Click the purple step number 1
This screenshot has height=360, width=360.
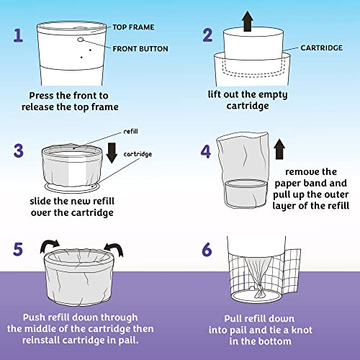pyautogui.click(x=18, y=35)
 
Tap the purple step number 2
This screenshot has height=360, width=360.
pyautogui.click(x=207, y=35)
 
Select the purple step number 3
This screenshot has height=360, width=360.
pyautogui.click(x=19, y=150)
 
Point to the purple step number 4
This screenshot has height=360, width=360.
pyautogui.click(x=206, y=151)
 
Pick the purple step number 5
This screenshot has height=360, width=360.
pyautogui.click(x=18, y=249)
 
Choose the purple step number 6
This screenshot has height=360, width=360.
pyautogui.click(x=207, y=250)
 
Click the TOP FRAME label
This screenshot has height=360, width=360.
pyautogui.click(x=133, y=27)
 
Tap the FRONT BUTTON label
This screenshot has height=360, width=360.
pyautogui.click(x=140, y=49)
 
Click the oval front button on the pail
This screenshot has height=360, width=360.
pyautogui.click(x=81, y=40)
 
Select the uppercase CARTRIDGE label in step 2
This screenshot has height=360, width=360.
pyautogui.click(x=322, y=48)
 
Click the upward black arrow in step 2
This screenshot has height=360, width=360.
pyautogui.click(x=248, y=21)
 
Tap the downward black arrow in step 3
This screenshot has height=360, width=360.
pyautogui.click(x=112, y=153)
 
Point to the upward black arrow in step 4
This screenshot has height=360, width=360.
pyautogui.click(x=279, y=149)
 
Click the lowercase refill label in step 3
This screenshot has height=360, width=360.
pyautogui.click(x=130, y=131)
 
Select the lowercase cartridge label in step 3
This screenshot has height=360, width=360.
pyautogui.click(x=138, y=154)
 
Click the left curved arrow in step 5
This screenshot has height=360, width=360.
pyautogui.click(x=49, y=246)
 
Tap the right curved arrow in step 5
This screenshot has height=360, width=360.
pyautogui.click(x=114, y=250)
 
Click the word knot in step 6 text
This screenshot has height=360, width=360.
pyautogui.click(x=302, y=330)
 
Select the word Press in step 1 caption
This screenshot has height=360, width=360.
pyautogui.click(x=41, y=96)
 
